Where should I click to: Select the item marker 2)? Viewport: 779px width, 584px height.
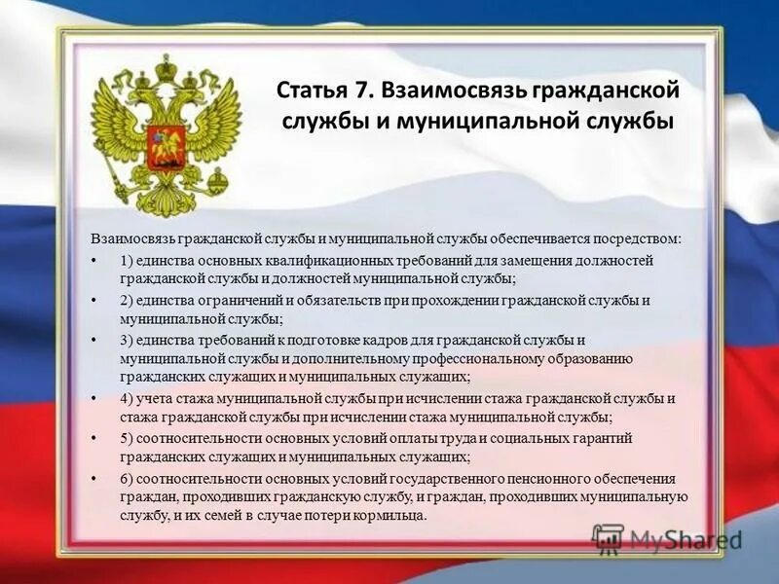point(128,300)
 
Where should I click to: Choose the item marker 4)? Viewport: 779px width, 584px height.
point(128,399)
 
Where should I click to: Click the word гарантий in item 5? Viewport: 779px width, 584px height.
point(607,438)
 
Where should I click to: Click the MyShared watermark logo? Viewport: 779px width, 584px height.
point(666,537)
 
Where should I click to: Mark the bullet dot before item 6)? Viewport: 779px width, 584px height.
point(94,479)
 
